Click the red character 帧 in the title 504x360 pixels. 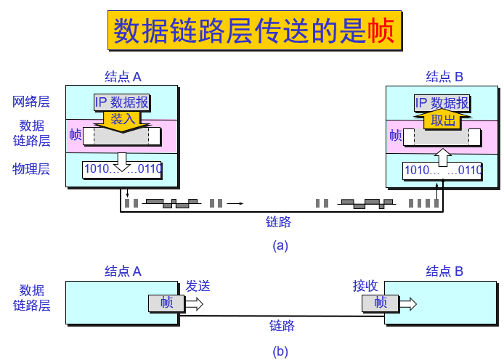pos(381,30)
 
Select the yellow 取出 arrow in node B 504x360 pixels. pos(443,120)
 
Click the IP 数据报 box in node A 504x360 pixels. pos(121,102)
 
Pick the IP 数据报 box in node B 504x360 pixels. pos(442,103)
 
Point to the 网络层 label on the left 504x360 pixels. pos(31,102)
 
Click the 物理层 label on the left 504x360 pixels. pos(31,169)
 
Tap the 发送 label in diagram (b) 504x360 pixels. pos(198,286)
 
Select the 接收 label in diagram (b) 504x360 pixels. pos(365,286)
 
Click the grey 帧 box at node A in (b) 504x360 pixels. pos(166,303)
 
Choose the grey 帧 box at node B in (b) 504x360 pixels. pos(381,303)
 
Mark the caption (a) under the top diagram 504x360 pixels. pos(280,246)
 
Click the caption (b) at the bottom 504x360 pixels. pos(280,351)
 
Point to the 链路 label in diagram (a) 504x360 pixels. pos(278,221)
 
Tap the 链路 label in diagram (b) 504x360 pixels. pos(282,325)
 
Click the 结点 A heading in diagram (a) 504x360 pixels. pos(123,77)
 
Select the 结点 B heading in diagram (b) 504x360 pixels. pos(444,271)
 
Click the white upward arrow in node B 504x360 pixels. pos(443,157)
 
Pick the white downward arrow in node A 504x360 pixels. pos(122,162)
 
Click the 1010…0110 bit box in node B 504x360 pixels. pos(442,171)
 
